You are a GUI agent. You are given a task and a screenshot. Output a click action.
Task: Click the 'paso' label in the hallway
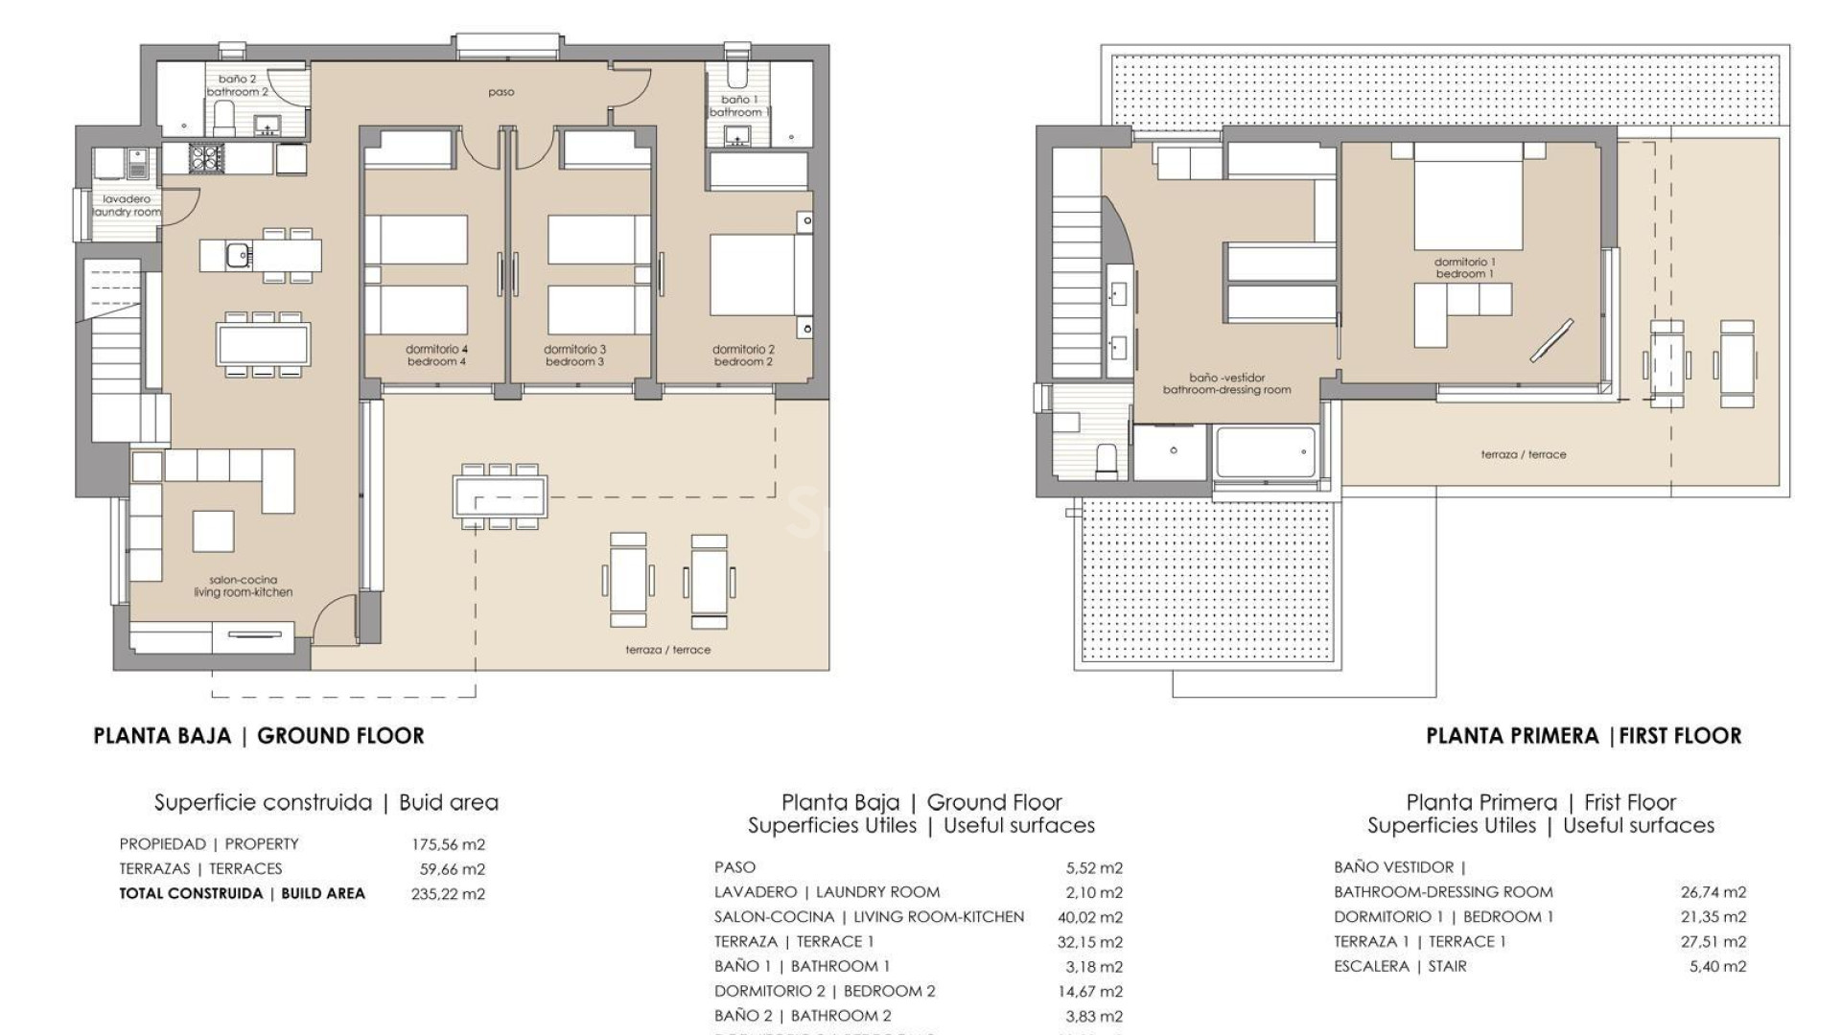point(501,93)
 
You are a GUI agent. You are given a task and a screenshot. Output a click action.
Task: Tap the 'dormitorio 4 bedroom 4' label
point(436,356)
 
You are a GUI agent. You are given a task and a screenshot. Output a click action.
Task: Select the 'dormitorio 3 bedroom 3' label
point(574,356)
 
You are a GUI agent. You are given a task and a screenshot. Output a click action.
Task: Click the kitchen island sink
point(238,256)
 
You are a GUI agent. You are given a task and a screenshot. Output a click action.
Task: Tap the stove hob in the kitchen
point(205,157)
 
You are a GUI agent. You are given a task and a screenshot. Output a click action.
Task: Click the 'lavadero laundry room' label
point(127,205)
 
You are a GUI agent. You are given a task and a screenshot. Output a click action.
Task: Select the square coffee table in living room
point(213,531)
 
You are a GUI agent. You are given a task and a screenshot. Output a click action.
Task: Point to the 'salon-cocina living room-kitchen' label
point(244,586)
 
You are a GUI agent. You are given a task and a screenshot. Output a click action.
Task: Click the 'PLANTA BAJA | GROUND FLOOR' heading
point(258,736)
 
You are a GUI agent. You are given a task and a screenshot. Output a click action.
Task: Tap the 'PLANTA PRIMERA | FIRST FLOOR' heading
point(1583,736)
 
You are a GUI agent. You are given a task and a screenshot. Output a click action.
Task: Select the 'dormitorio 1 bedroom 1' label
point(1465,267)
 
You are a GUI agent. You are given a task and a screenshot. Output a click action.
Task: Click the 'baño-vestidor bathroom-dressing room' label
point(1226,383)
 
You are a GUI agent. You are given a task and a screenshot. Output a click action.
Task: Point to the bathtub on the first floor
point(1265,452)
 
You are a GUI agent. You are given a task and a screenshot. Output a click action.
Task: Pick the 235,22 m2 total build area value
point(448,894)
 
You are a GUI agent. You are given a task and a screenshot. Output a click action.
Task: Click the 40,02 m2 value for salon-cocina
point(1089,917)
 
